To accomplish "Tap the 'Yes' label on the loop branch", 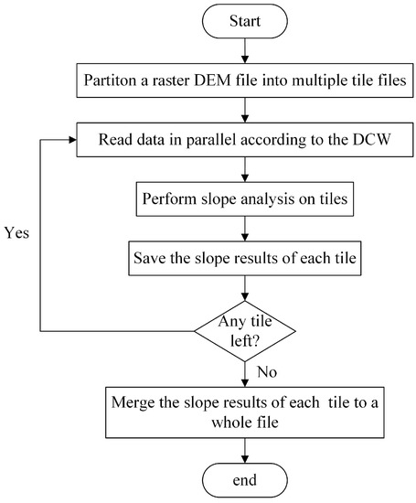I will pos(16,232).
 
